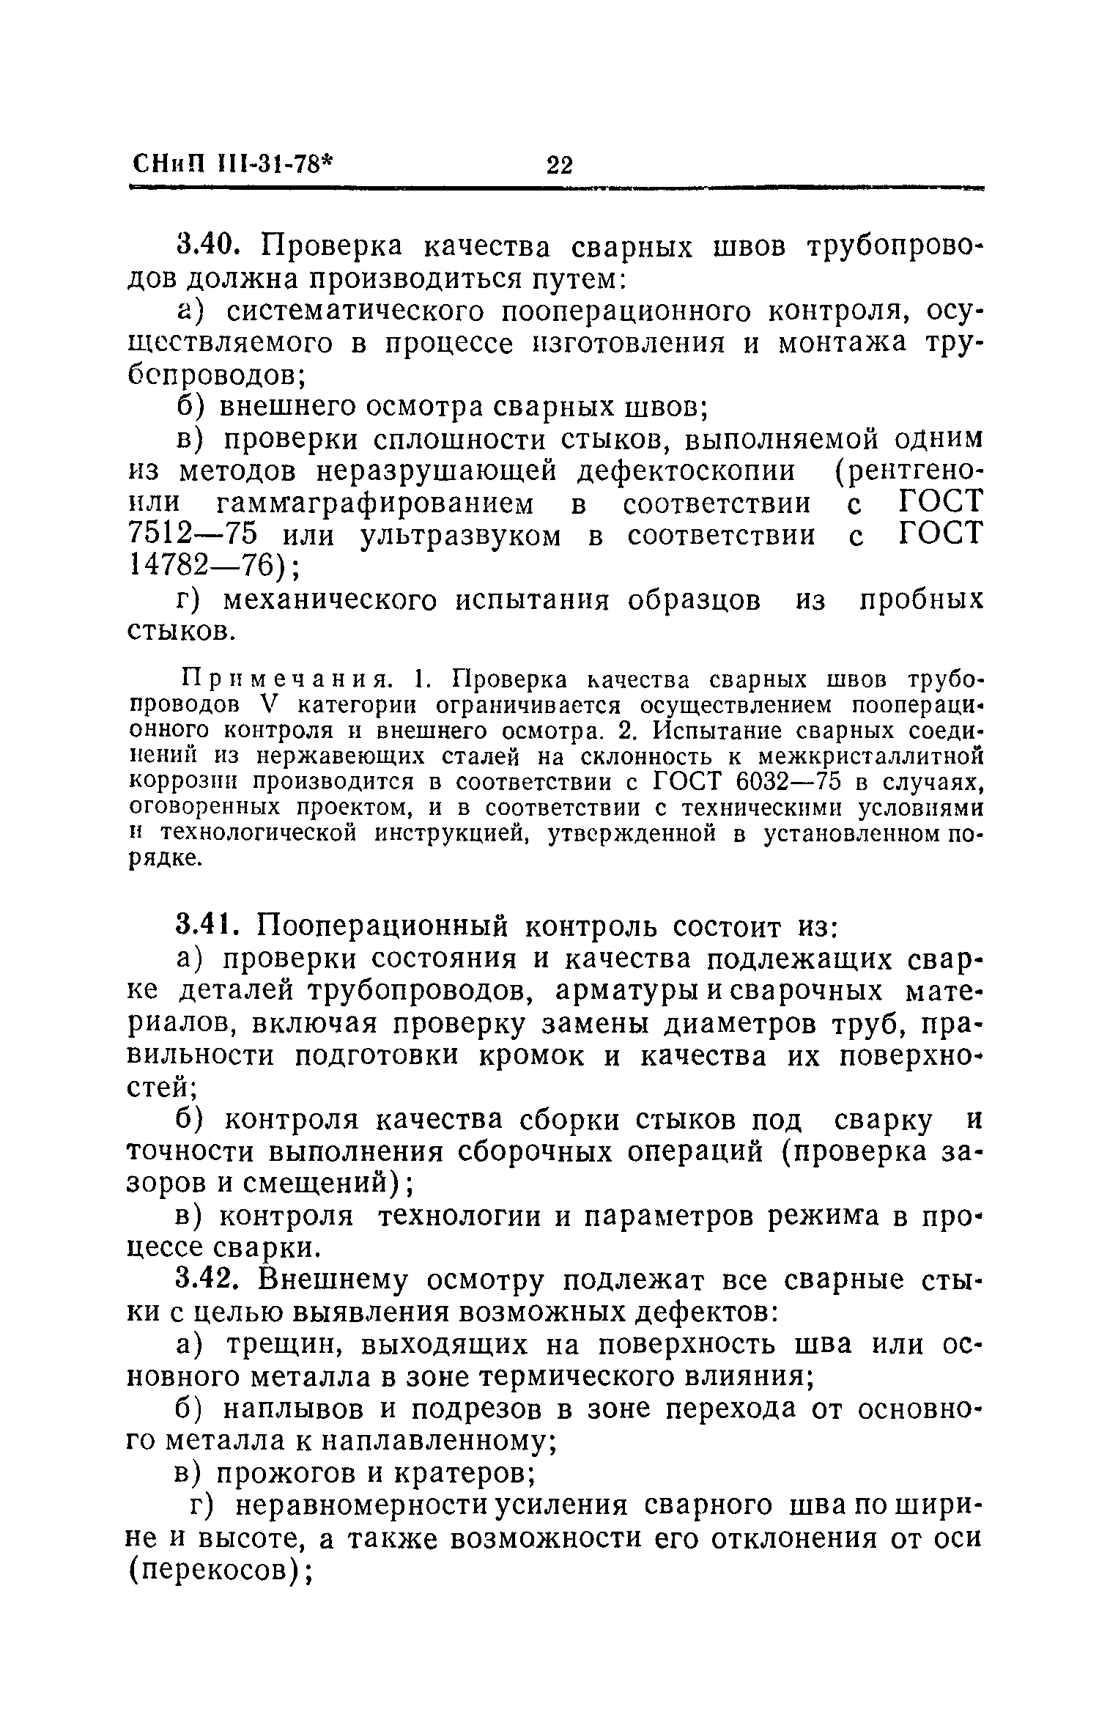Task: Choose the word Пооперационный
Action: pos(381,927)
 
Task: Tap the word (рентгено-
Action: pos(908,471)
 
